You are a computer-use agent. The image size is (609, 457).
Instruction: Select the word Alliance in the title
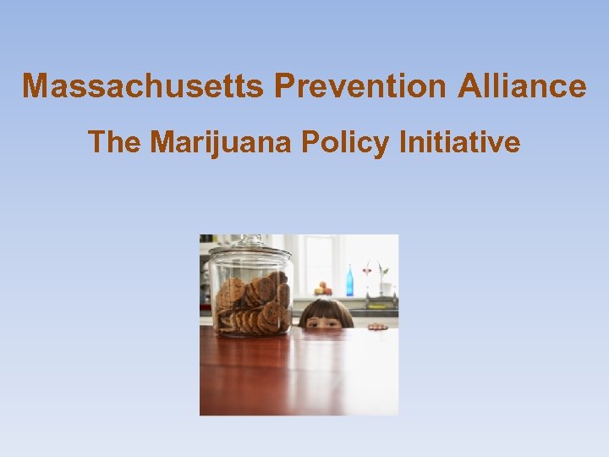(523, 86)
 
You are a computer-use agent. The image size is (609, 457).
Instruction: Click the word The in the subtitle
(114, 142)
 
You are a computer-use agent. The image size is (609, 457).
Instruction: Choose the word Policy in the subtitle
(351, 142)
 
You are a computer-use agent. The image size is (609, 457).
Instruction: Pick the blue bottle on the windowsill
(349, 280)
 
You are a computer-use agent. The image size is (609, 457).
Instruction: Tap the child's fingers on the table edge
(377, 326)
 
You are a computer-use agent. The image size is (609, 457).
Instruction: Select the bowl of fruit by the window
(322, 289)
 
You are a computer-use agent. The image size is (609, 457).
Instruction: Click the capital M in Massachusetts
(36, 86)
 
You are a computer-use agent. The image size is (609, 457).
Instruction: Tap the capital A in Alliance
(471, 86)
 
